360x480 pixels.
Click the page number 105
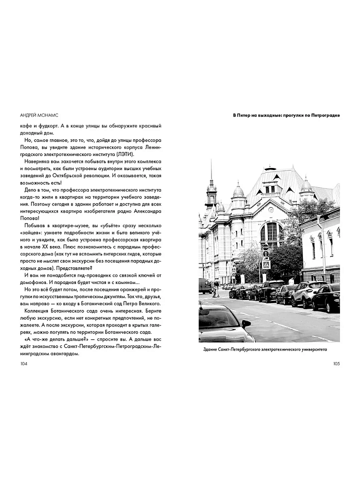336,363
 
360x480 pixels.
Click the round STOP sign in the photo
265,246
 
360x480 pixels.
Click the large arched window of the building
272,231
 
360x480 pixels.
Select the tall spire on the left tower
211,172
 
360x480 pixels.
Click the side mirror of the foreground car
245,324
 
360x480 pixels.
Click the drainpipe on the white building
323,250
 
